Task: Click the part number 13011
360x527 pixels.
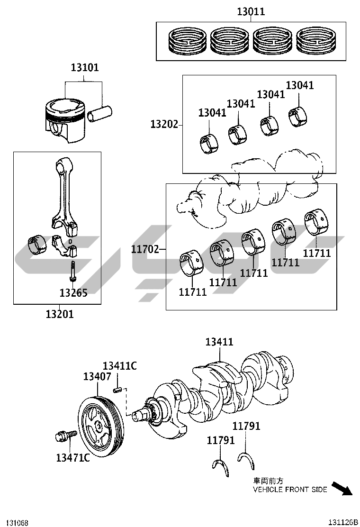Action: [251, 12]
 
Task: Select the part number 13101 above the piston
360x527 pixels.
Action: [85, 68]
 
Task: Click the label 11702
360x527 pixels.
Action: [145, 249]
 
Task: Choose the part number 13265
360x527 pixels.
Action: [73, 293]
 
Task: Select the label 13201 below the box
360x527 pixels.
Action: [60, 314]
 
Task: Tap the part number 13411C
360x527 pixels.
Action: [120, 365]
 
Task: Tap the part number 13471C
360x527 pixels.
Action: [72, 457]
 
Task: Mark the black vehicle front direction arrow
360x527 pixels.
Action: [341, 488]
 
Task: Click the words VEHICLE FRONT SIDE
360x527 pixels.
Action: [290, 490]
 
